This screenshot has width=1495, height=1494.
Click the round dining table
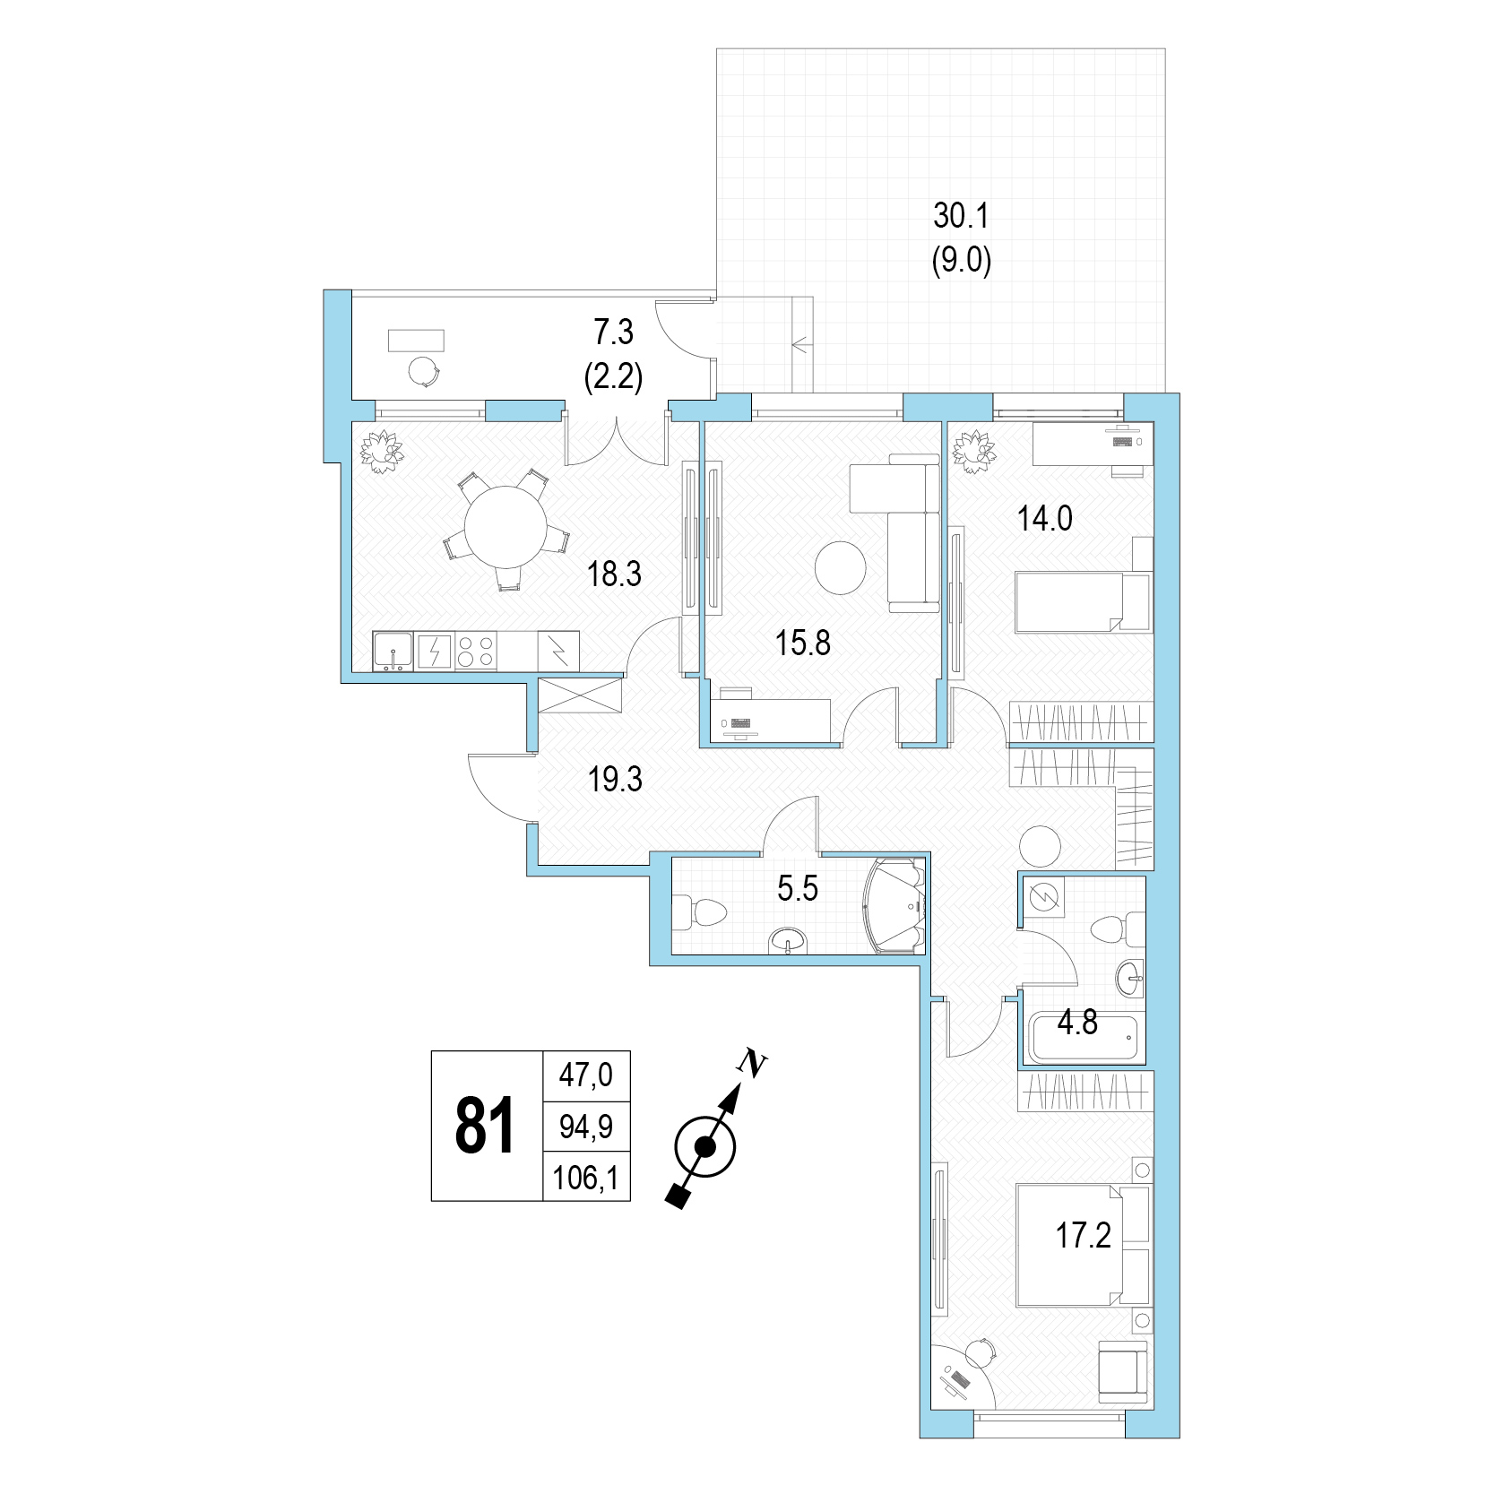point(506,527)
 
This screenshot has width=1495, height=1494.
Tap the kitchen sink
point(393,651)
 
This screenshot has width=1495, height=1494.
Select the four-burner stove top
point(475,651)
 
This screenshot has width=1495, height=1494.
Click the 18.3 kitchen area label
point(614,574)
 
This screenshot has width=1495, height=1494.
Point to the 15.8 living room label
point(803,643)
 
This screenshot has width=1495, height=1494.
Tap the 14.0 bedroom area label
point(1044,518)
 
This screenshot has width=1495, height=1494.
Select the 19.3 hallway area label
point(615,780)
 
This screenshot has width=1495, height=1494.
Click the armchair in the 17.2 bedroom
point(1123,1372)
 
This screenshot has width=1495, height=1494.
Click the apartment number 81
point(485,1126)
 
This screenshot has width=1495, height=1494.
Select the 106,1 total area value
point(586,1177)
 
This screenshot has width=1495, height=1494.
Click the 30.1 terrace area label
point(961,216)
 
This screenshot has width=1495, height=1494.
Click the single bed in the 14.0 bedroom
point(1083,602)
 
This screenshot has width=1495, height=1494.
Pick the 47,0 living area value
point(586,1074)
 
